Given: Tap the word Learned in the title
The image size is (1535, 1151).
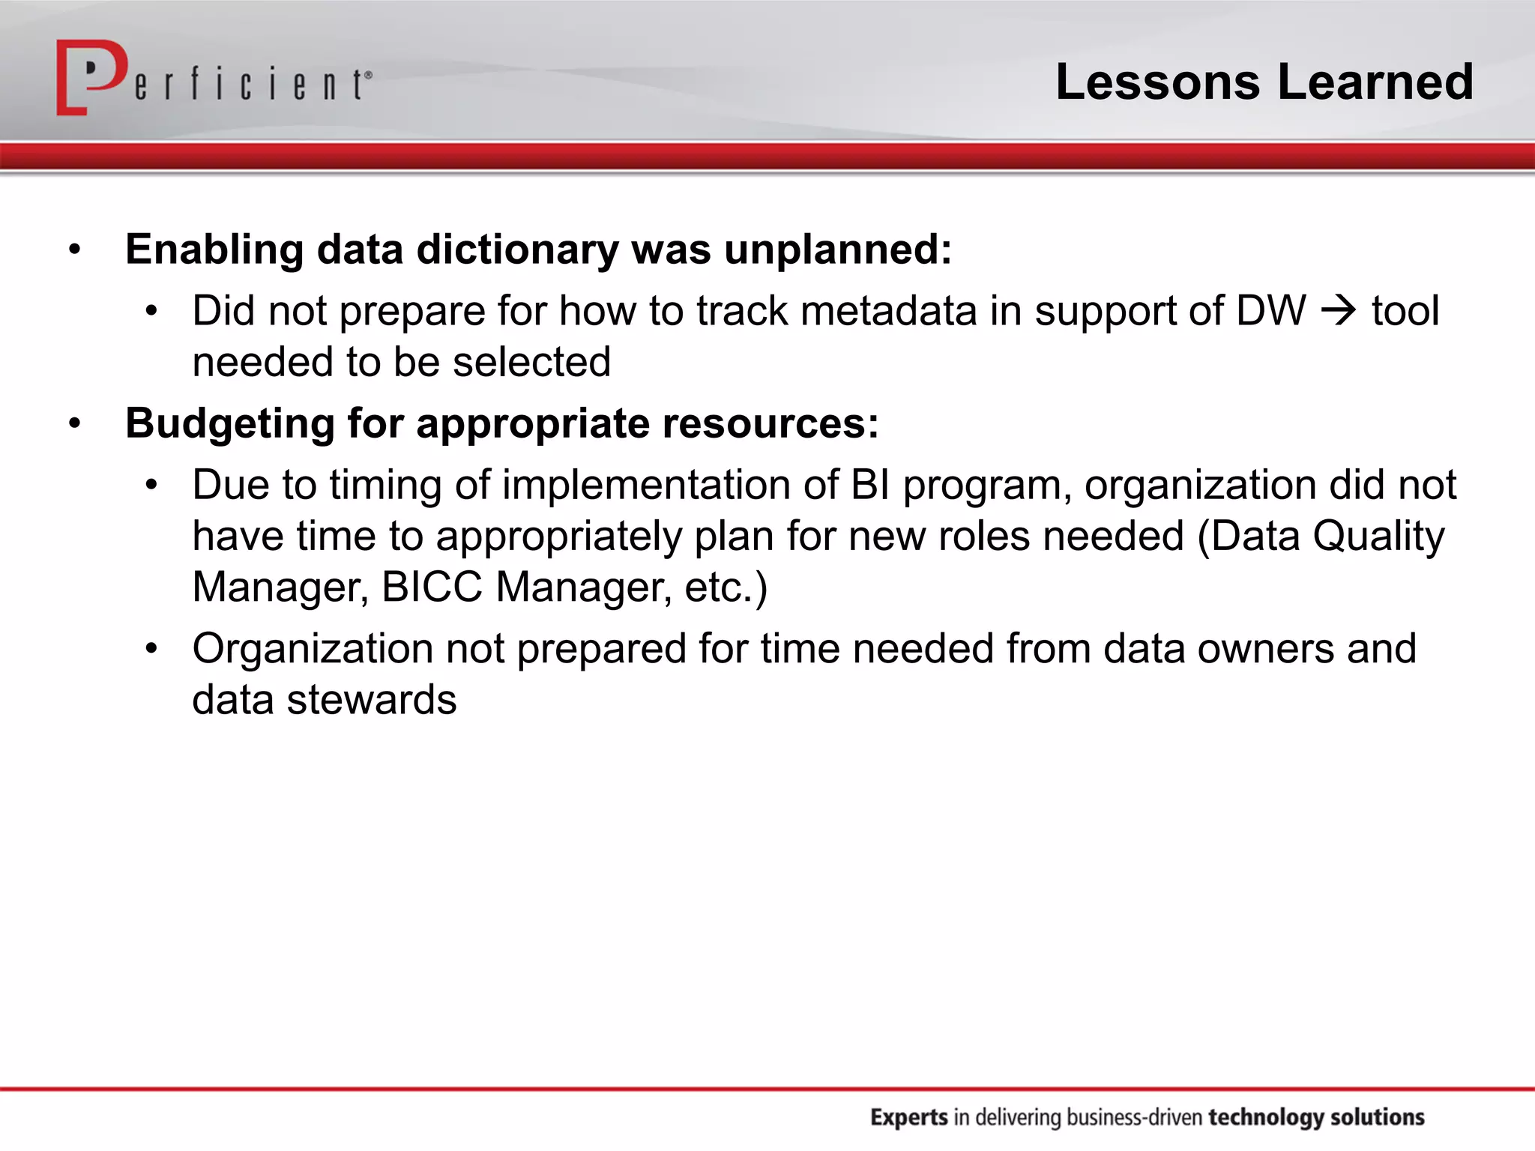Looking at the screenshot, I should click(1375, 82).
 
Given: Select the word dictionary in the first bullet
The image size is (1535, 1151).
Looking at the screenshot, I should click(517, 250).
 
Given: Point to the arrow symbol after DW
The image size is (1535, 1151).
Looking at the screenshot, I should click(1339, 310).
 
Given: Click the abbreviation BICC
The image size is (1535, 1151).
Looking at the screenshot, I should click(432, 587).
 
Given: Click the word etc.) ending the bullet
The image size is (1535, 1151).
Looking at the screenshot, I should click(726, 587).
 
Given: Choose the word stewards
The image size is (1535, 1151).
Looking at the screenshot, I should click(371, 700).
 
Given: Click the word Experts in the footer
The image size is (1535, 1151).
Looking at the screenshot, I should click(908, 1117).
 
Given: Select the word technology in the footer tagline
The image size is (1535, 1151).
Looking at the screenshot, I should click(1265, 1117).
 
